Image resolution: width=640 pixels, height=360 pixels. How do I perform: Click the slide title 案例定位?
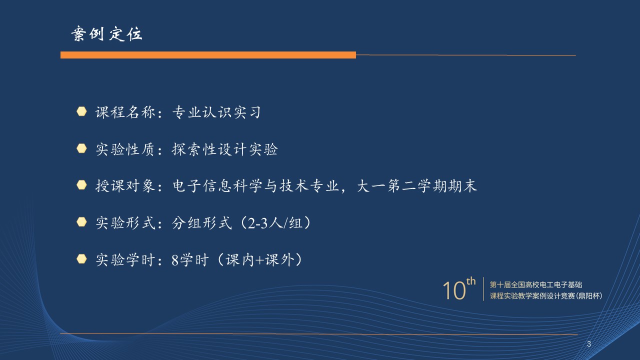(106, 34)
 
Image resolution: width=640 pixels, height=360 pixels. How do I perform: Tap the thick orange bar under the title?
(208, 55)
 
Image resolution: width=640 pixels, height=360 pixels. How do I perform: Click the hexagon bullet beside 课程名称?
(81, 111)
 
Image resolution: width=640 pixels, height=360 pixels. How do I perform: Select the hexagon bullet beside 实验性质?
(81, 148)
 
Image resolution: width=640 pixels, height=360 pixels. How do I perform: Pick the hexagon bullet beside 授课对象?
(81, 185)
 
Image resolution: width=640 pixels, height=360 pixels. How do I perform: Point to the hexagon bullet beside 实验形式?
(81, 222)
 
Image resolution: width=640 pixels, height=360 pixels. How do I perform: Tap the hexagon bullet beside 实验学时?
(81, 259)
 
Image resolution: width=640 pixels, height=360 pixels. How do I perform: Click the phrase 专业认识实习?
(216, 112)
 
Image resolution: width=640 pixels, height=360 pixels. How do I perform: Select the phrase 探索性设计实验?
(224, 149)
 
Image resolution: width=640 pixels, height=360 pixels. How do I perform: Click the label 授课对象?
(125, 185)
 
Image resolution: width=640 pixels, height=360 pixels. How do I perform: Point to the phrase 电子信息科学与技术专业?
(255, 185)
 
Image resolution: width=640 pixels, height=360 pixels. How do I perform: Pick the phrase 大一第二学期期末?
(417, 185)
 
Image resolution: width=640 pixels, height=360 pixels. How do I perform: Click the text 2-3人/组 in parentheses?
(275, 223)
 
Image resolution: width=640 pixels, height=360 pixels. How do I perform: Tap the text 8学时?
(190, 260)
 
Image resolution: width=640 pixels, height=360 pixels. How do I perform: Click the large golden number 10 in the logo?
(454, 290)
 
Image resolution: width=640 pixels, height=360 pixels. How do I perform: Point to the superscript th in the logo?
(471, 281)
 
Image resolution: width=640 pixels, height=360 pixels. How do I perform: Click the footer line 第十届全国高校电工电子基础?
(536, 284)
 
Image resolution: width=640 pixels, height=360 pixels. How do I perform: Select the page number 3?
(589, 344)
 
